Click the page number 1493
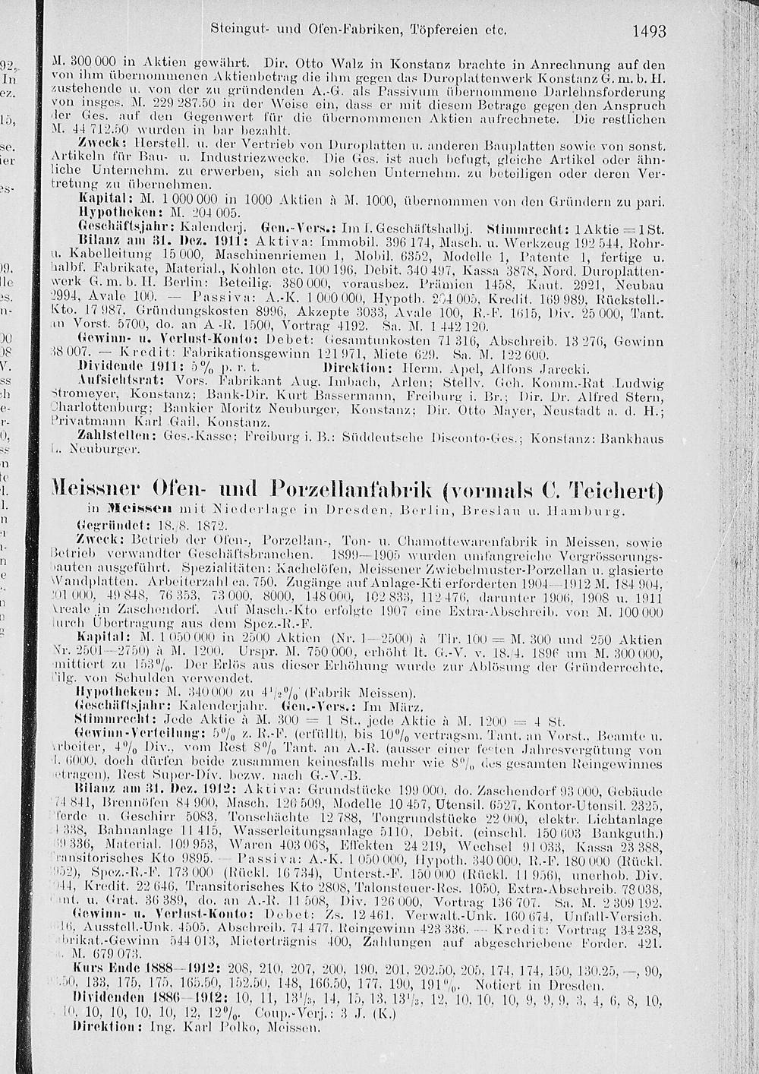(648, 32)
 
